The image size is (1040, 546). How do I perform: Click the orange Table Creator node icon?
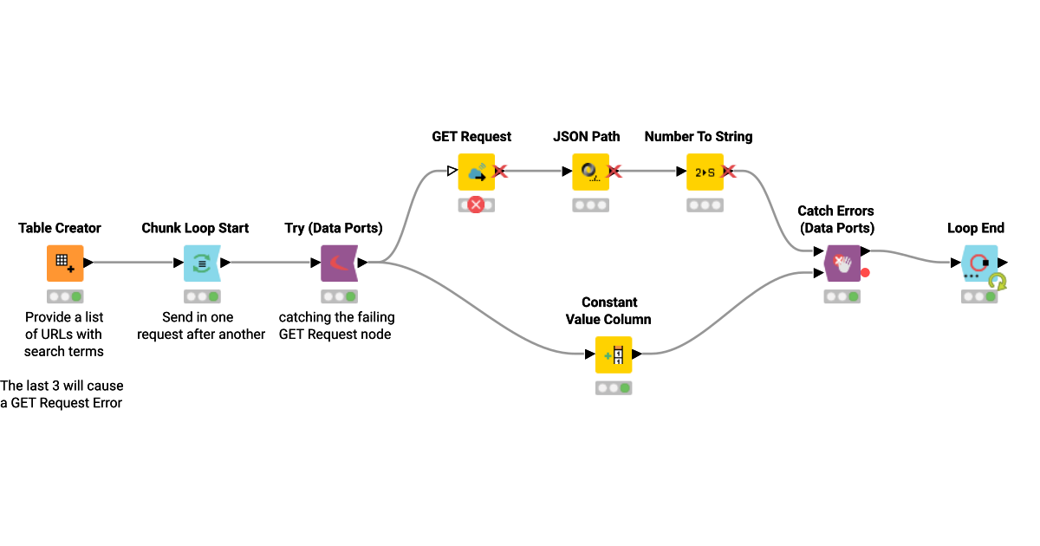(x=65, y=263)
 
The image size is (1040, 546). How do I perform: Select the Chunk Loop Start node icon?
(x=202, y=263)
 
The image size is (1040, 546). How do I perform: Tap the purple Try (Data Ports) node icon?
(x=339, y=263)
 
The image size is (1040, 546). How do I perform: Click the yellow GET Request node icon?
(x=476, y=172)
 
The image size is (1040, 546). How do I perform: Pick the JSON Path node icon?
(x=590, y=172)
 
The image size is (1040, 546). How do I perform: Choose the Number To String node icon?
(x=705, y=172)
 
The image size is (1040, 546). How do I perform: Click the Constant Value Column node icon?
(x=614, y=354)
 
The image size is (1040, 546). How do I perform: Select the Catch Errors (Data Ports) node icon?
(x=842, y=263)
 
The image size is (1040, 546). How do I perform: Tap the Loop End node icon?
(x=979, y=263)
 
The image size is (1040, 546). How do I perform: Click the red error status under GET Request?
(x=476, y=205)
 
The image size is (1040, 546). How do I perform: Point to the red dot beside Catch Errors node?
(x=865, y=273)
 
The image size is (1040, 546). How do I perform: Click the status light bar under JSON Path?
(x=590, y=205)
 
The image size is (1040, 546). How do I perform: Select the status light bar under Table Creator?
(x=65, y=296)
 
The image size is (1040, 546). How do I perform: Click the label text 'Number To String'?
(x=699, y=137)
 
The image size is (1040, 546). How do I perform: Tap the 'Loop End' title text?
(x=976, y=229)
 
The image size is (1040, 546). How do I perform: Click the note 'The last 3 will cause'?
(x=62, y=386)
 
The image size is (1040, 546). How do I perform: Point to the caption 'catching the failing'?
(x=336, y=317)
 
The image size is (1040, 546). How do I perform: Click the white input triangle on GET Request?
(x=452, y=172)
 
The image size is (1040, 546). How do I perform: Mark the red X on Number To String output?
(x=729, y=172)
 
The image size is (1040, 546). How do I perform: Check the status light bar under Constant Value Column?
(x=614, y=387)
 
